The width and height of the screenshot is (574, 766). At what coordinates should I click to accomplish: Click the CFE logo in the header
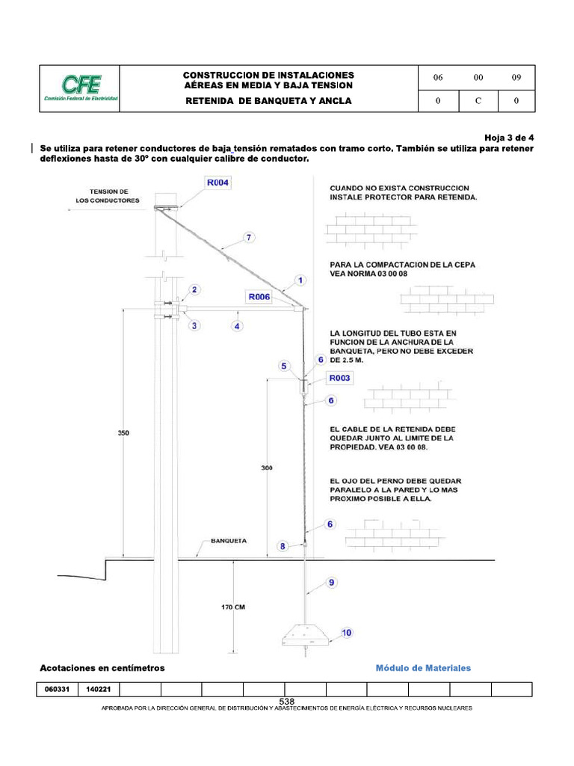pos(80,89)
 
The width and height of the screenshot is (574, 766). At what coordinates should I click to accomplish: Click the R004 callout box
pos(217,183)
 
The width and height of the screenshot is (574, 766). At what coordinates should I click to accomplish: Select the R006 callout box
pos(258,296)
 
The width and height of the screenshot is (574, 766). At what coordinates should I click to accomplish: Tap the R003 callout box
pos(340,379)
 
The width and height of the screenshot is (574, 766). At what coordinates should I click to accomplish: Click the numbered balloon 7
pos(249,238)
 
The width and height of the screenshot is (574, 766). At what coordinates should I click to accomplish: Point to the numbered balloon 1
pos(300,281)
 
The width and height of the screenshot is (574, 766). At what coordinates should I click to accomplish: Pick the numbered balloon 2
pos(194,289)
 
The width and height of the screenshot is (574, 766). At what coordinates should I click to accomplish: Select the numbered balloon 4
pos(237,326)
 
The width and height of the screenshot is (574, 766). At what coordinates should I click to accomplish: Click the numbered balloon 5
pos(284,366)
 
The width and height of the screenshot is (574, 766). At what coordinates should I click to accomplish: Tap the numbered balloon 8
pos(283,546)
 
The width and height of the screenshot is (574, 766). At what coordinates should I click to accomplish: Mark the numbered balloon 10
pos(347,633)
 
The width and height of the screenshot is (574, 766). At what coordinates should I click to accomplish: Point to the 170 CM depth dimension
pos(233,607)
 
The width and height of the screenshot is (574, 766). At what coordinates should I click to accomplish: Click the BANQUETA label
pos(229,540)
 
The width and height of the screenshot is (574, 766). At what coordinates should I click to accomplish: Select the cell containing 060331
pos(57,690)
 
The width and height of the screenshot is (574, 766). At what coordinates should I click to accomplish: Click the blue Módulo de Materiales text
pos(423,668)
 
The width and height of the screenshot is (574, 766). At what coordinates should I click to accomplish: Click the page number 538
pos(287,701)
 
